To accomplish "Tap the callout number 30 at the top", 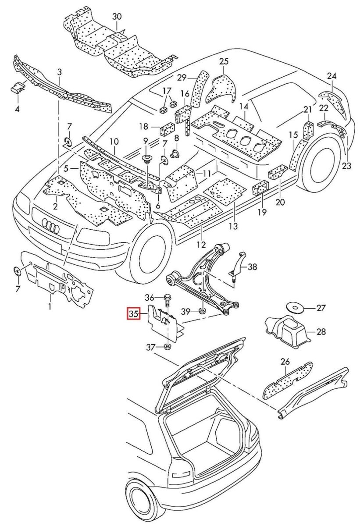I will (x=116, y=16).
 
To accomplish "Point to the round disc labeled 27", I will (x=296, y=308).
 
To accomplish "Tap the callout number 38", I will (x=253, y=267).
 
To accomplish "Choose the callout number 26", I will (x=285, y=362).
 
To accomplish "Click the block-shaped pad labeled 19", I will (x=260, y=188).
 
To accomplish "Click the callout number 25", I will (x=224, y=61).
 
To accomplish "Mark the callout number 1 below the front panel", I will (x=50, y=307).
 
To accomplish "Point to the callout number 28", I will (x=321, y=332).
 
